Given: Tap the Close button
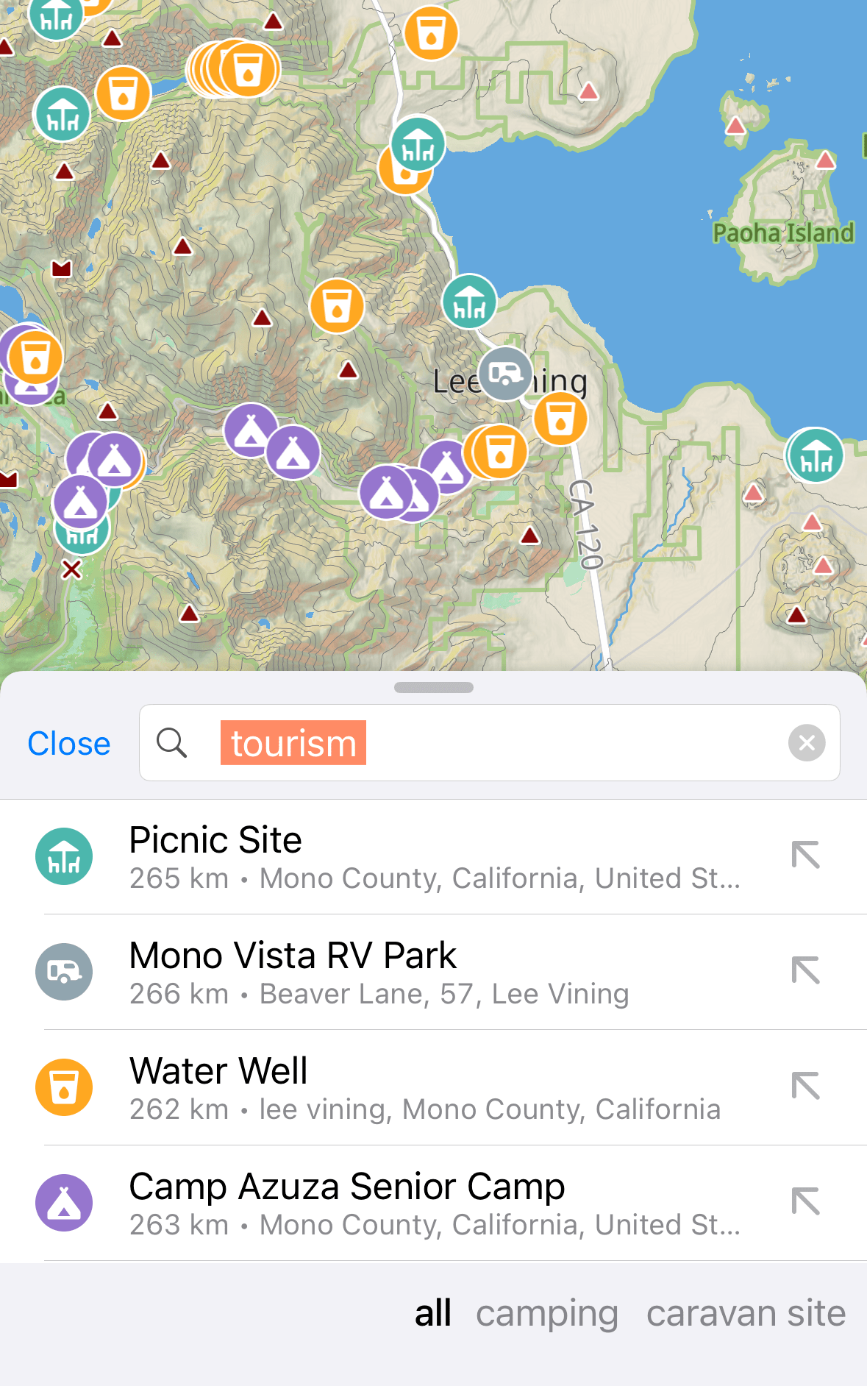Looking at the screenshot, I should pyautogui.click(x=69, y=744).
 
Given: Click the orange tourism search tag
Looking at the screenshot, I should pyautogui.click(x=293, y=743).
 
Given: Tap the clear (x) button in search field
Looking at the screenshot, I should pyautogui.click(x=806, y=743).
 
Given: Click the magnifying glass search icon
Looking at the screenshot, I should pyautogui.click(x=172, y=743).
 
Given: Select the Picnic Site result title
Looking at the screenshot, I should pyautogui.click(x=215, y=840).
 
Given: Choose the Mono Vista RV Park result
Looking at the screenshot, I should pyautogui.click(x=293, y=956).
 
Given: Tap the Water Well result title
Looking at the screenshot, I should pyautogui.click(x=218, y=1071).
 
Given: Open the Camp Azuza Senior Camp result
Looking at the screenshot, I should pyautogui.click(x=347, y=1187).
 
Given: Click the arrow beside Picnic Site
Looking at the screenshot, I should pyautogui.click(x=805, y=855).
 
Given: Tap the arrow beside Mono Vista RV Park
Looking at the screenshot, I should pyautogui.click(x=805, y=970).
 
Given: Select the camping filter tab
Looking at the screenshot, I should pyautogui.click(x=546, y=1314).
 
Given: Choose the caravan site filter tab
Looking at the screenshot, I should pyautogui.click(x=746, y=1314).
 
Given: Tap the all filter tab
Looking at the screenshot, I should pyautogui.click(x=432, y=1314).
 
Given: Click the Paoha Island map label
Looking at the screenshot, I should pyautogui.click(x=783, y=233).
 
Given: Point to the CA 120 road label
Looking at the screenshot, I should pyautogui.click(x=586, y=524).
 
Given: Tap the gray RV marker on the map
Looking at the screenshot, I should pyautogui.click(x=505, y=374).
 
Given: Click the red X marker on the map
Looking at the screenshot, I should pyautogui.click(x=71, y=569).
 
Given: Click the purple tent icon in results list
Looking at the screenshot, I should pyautogui.click(x=64, y=1202).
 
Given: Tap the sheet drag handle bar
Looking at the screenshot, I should pyautogui.click(x=433, y=688).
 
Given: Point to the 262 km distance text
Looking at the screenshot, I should pyautogui.click(x=179, y=1109).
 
